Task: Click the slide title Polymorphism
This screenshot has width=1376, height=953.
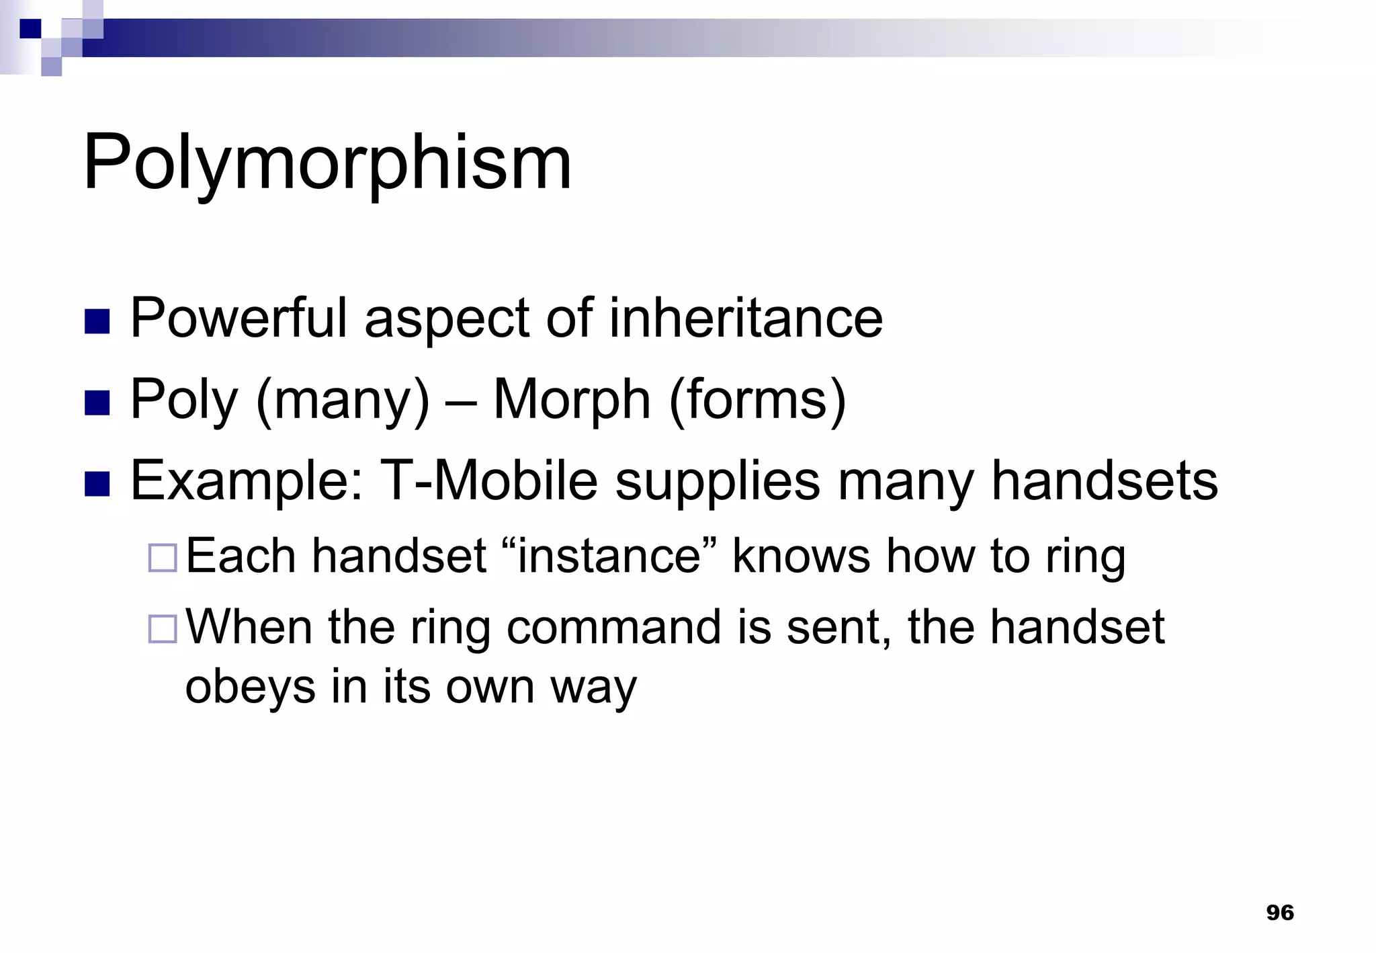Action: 327,163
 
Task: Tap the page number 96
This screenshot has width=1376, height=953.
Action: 1279,913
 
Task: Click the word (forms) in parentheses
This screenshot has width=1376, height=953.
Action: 757,400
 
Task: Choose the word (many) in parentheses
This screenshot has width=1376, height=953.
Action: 343,400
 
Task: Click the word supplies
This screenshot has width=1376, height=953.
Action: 718,482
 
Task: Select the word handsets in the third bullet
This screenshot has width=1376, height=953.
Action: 1105,481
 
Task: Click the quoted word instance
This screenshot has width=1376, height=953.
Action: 609,556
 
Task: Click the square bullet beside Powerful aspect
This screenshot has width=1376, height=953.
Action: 97,321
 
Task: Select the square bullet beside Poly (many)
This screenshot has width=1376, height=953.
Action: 97,403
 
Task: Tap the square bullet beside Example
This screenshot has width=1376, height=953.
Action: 97,484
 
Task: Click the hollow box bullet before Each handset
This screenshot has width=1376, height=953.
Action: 162,558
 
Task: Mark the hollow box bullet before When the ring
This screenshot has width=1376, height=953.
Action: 162,629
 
